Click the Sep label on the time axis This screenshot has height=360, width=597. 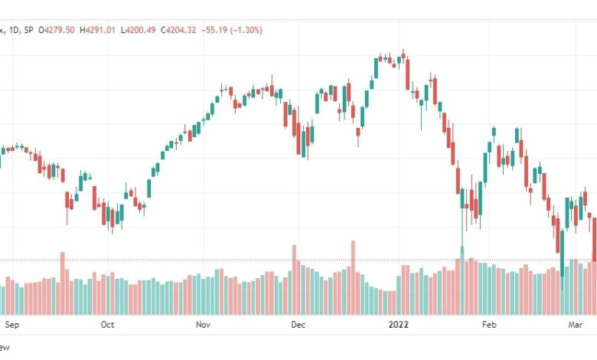pos(11,325)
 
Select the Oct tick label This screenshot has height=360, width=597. pos(107,325)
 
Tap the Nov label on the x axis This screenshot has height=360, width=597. pos(203,325)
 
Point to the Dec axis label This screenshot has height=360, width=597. pos(298,325)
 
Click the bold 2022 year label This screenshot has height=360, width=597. pos(398,325)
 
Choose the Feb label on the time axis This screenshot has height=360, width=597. pos(489,325)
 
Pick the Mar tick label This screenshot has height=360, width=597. pos(576,325)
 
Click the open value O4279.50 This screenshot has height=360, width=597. pos(57,30)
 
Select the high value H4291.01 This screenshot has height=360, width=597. pos(97,30)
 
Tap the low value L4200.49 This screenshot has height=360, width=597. pos(139,30)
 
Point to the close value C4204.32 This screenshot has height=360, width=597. pos(178,30)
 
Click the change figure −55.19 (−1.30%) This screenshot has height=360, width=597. pos(232,30)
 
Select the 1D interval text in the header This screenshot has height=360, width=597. pos(14,30)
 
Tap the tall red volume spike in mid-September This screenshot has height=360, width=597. pos(63,283)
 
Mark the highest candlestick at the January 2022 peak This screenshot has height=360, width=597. pos(403,55)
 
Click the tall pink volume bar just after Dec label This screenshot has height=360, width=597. pos(294,280)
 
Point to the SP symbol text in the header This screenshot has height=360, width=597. pos(28,30)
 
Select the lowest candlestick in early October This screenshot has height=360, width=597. pos(113,220)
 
